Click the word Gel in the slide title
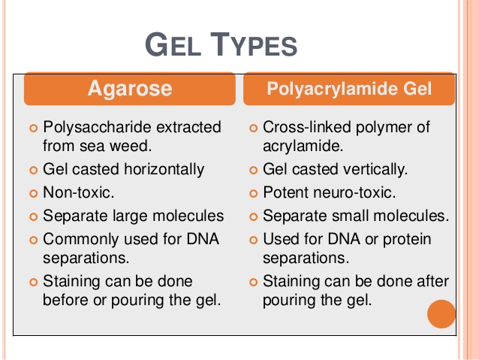click(x=173, y=44)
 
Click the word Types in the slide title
click(x=254, y=44)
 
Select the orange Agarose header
click(x=130, y=89)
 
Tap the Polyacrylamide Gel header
click(x=349, y=89)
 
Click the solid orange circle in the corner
click(x=441, y=314)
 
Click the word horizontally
click(x=164, y=169)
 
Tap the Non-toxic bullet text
click(x=79, y=192)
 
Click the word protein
click(x=407, y=239)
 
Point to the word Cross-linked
click(x=307, y=127)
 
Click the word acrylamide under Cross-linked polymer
click(x=303, y=147)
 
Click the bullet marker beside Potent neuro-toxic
click(x=253, y=193)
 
